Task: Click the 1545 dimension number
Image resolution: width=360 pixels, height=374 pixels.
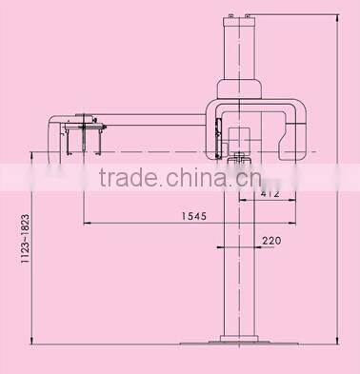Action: (x=192, y=215)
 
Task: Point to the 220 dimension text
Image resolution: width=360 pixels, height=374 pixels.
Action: (x=271, y=242)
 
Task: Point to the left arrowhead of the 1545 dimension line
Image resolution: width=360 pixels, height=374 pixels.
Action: (x=87, y=224)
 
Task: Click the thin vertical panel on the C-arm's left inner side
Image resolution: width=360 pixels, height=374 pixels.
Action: (x=218, y=133)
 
